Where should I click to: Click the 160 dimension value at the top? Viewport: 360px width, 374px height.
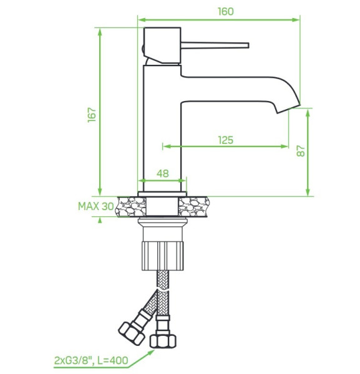pos(226,11)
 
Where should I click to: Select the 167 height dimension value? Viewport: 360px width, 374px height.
pos(92,115)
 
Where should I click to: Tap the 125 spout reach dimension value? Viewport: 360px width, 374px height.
pos(226,140)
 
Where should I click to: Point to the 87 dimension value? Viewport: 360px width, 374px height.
pos(301,151)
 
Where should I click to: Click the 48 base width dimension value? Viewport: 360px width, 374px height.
pos(163,173)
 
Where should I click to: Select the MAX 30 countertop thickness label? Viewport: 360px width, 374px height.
pos(96,206)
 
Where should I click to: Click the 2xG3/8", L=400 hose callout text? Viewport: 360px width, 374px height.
pos(91,360)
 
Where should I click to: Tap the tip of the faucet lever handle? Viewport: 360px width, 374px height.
pos(248,46)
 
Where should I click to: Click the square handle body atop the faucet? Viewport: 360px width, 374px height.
pos(162,46)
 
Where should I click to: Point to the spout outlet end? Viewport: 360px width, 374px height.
pos(288,108)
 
